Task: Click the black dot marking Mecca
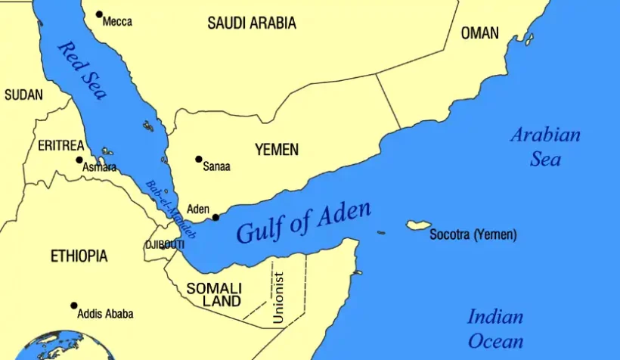[x=99, y=14]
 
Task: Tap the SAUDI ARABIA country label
[x=252, y=23]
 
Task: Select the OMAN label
[x=480, y=33]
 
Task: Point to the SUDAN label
[x=23, y=95]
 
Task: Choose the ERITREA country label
[x=60, y=145]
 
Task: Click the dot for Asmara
[x=79, y=160]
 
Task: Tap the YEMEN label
[x=276, y=150]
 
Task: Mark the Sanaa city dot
[x=199, y=160]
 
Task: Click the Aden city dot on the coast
[x=215, y=217]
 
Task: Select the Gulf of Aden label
[x=304, y=223]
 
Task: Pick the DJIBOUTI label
[x=165, y=245]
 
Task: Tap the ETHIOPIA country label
[x=79, y=256]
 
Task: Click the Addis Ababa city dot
[x=74, y=306]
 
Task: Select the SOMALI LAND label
[x=214, y=295]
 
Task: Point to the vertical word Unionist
[x=278, y=298]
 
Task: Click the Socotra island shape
[x=418, y=225]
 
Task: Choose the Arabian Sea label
[x=545, y=147]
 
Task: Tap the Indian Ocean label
[x=495, y=328]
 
